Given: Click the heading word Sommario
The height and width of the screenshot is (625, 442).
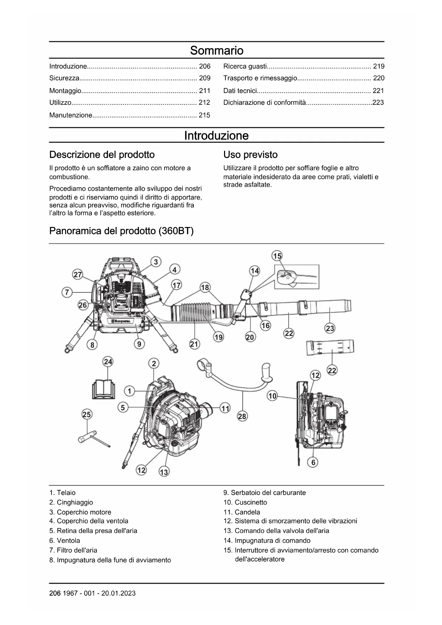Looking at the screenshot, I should click(217, 51).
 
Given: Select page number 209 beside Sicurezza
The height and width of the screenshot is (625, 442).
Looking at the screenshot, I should click(204, 78).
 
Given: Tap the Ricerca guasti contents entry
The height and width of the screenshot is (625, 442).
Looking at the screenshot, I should click(245, 66).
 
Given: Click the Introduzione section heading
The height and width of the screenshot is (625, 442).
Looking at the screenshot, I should click(217, 136).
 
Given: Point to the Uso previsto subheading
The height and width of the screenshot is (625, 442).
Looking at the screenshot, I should click(250, 155).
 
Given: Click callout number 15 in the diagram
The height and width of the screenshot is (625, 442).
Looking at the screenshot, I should click(277, 256).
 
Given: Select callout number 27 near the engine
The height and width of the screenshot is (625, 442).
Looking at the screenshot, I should click(78, 275).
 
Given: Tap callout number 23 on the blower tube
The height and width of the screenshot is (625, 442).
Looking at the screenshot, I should click(330, 328).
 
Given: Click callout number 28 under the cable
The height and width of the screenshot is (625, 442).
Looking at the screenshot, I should click(242, 416).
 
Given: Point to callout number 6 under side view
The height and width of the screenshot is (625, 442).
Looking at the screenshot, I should click(313, 462).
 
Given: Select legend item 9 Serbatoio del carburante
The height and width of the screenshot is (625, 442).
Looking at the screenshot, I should click(265, 493).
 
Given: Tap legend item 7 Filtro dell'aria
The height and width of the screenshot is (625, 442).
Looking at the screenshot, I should click(73, 551).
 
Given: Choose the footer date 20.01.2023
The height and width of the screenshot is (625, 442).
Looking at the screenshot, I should click(118, 593).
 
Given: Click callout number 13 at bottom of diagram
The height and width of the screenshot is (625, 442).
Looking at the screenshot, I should click(164, 472).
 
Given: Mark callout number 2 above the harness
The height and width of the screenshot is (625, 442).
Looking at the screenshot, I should click(154, 363).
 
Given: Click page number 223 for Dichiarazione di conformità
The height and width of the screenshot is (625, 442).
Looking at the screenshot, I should click(378, 103).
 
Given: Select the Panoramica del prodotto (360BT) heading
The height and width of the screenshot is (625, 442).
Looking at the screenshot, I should click(121, 231).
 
